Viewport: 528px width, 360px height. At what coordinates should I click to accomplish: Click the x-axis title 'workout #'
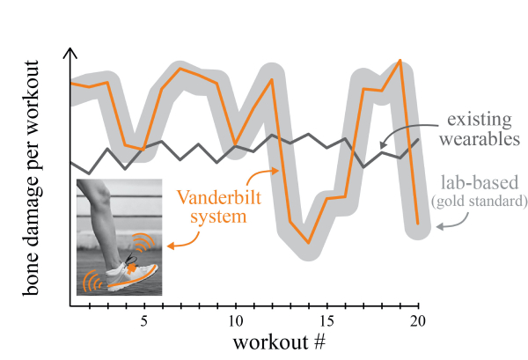pos(282,340)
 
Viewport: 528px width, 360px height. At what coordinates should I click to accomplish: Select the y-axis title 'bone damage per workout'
pos(33,176)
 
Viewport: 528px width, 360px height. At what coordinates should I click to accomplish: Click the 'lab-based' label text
pos(478,184)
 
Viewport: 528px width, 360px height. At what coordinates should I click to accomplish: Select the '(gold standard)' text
pos(478,202)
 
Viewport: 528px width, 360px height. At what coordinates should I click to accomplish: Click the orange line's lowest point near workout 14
pos(309,242)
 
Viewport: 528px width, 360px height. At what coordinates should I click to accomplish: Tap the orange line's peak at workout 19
pos(400,61)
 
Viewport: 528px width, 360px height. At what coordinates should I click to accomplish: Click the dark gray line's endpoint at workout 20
pos(419,138)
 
